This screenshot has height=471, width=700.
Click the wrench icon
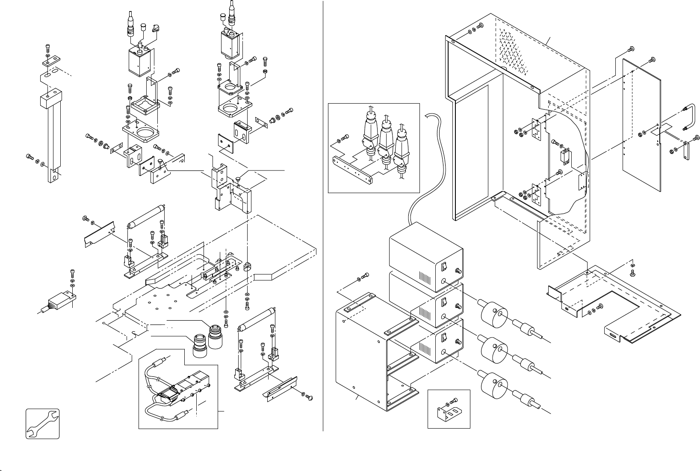(42, 423)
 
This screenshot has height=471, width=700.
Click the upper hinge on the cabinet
(535, 128)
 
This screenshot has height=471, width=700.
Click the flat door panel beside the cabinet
(641, 124)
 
